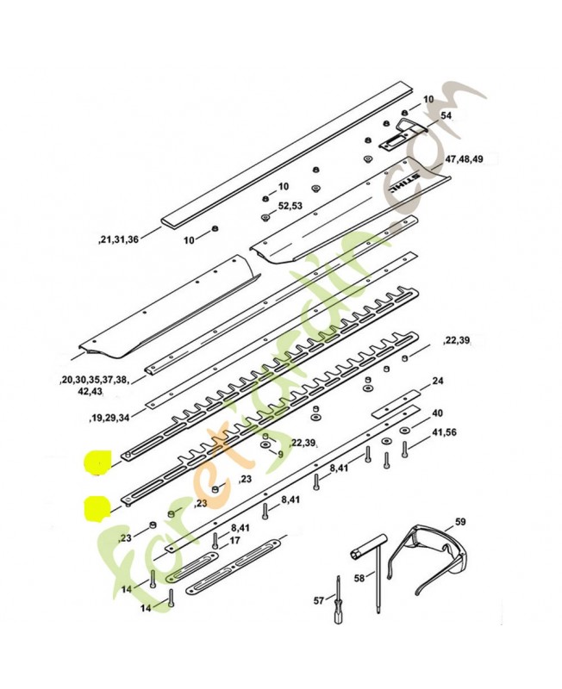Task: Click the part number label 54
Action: point(446,115)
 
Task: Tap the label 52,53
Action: point(290,207)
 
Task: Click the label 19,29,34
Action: point(109,417)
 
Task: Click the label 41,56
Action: point(445,432)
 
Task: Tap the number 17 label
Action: point(234,541)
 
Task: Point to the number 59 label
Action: point(460,521)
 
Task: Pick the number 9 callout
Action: point(279,454)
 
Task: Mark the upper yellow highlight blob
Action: point(97,464)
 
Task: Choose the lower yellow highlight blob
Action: point(97,507)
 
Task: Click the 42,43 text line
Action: point(90,390)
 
